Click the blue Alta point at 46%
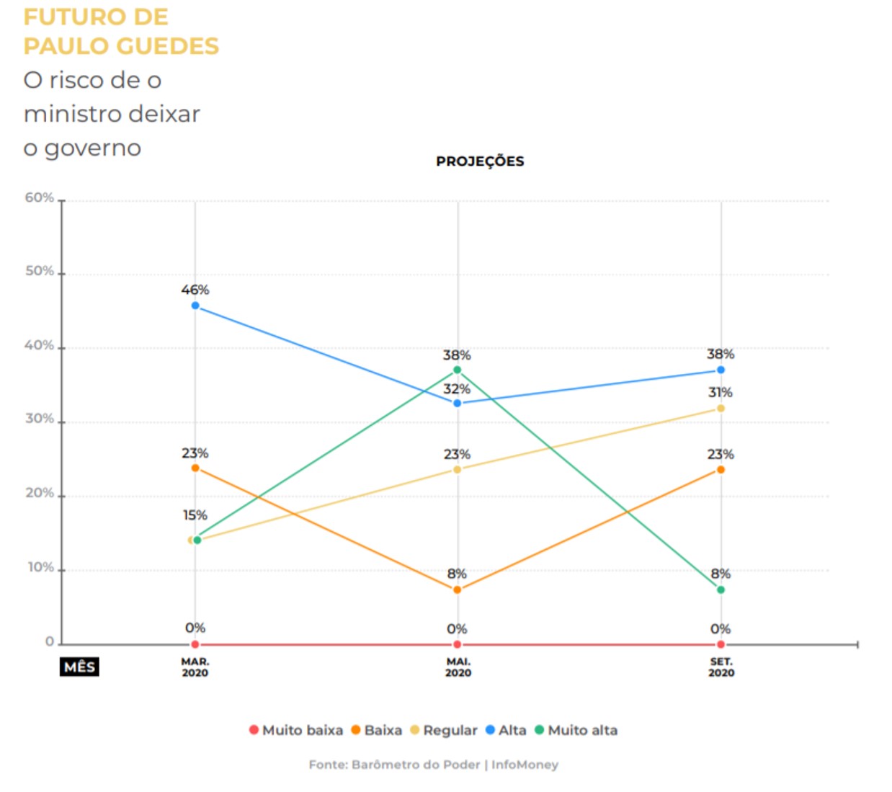pos(195,306)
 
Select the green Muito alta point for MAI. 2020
pos(457,370)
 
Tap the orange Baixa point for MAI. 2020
pos(457,589)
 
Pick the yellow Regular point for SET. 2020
pos(721,409)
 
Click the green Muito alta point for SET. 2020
pos(721,589)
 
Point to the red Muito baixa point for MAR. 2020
pos(195,644)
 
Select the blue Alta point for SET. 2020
pos(721,370)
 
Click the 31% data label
pos(721,392)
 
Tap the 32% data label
pos(457,389)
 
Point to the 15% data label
pos(195,515)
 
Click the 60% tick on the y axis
pos(40,197)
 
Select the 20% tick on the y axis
pos(40,493)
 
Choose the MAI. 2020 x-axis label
pos(458,667)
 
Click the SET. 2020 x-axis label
pos(721,667)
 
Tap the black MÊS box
pos(79,667)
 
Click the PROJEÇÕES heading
pos(480,161)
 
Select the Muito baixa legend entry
pos(296,730)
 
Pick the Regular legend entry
pos(444,730)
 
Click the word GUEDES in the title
pos(167,46)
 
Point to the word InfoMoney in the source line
pos(525,765)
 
